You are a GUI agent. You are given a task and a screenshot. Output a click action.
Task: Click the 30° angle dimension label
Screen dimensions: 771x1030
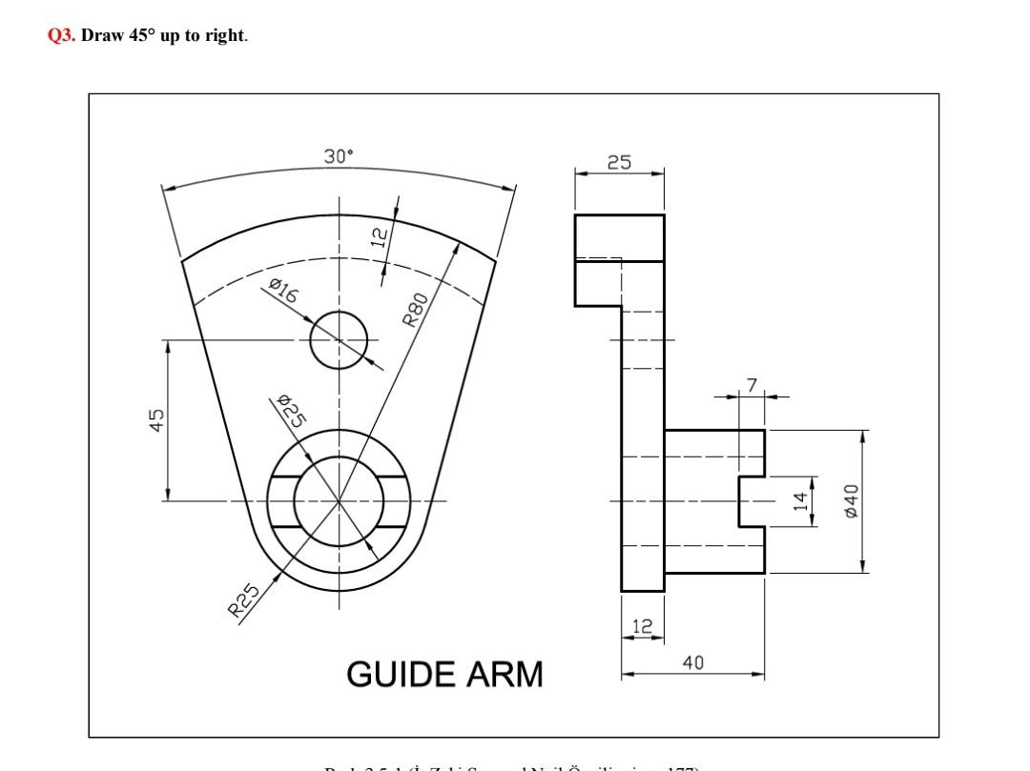click(339, 157)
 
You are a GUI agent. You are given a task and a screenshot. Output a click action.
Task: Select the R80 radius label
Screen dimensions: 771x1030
click(416, 308)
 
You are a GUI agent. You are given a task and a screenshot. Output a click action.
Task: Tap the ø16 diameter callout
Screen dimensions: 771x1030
click(283, 290)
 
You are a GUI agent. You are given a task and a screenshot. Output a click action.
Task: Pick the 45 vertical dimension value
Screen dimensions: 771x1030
click(155, 419)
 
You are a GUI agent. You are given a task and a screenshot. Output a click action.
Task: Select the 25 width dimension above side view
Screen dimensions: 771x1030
click(619, 163)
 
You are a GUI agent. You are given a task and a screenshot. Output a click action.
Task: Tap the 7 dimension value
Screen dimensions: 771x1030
click(752, 385)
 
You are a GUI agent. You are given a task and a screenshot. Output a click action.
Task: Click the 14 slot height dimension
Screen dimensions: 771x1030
click(802, 500)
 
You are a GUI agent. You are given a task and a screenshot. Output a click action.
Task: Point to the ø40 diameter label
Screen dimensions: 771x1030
click(852, 500)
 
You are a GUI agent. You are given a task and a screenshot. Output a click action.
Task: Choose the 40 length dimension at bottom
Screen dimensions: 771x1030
click(693, 663)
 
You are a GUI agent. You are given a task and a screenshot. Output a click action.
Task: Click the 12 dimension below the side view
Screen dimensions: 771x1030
click(643, 626)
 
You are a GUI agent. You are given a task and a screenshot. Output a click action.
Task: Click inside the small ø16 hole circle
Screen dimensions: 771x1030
click(339, 339)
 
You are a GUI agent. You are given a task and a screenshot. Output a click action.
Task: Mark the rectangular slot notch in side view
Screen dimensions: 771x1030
click(752, 500)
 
